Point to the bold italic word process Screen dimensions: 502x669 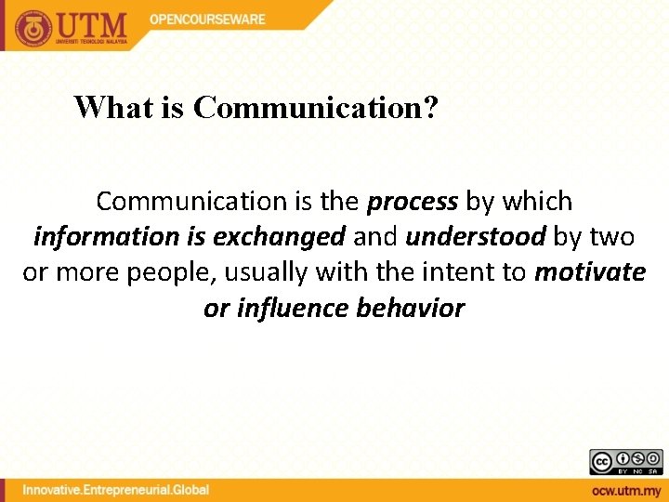pos(413,202)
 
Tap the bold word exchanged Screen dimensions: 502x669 pos(279,237)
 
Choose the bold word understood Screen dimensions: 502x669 pos(475,237)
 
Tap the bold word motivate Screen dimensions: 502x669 pos(590,272)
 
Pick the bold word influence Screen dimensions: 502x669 pos(294,309)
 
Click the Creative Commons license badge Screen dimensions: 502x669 pos(625,462)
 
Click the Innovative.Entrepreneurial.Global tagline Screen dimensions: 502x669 pos(116,490)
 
